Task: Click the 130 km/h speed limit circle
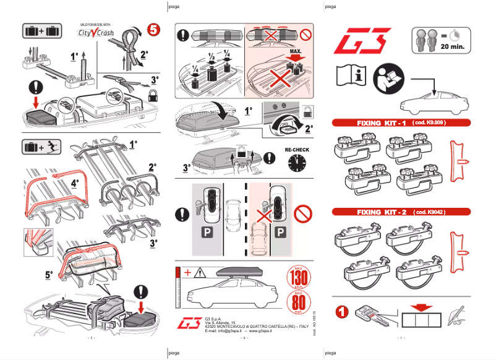tap(297, 277)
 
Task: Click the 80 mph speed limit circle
tap(297, 305)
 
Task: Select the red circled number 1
tap(342, 311)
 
